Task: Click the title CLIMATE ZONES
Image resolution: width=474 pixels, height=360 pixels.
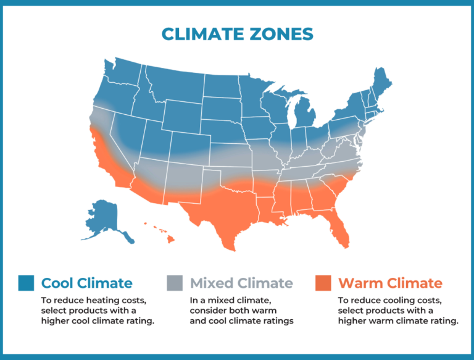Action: coord(236,33)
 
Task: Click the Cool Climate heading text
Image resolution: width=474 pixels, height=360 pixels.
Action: coord(86,283)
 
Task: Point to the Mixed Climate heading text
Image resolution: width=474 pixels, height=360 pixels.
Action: coord(241,283)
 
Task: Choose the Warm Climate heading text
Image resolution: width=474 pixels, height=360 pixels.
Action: coord(390,283)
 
